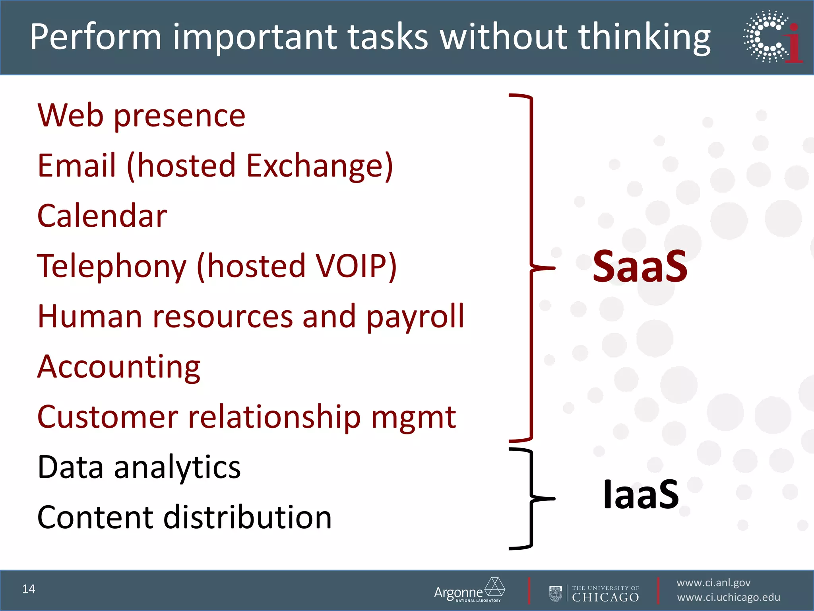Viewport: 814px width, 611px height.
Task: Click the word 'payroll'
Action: (x=415, y=317)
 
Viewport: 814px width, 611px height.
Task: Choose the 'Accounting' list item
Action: (x=119, y=367)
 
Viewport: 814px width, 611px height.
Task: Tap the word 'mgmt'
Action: (x=413, y=418)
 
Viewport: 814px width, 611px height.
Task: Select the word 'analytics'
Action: (x=177, y=467)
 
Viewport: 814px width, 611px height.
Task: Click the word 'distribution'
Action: (x=248, y=518)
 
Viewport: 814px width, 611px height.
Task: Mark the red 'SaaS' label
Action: (x=640, y=267)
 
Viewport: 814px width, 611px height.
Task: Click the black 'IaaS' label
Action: (x=641, y=494)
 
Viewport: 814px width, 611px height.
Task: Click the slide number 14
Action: (x=29, y=589)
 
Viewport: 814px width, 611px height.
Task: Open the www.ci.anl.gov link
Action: (x=713, y=583)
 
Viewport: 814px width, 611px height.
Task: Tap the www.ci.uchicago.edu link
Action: (x=729, y=597)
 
